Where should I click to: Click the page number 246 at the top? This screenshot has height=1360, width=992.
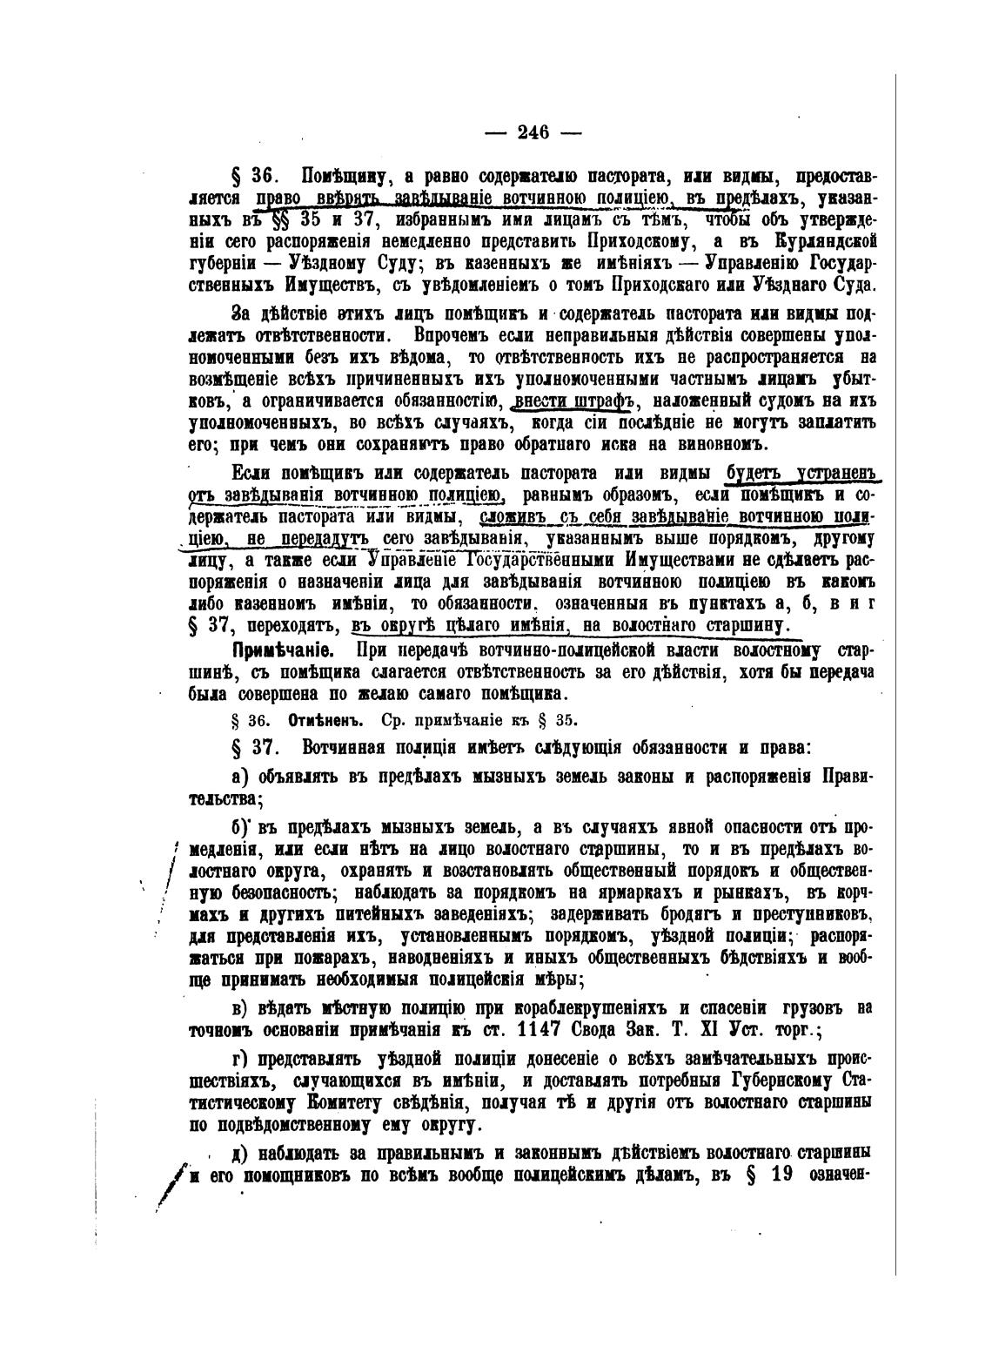point(533,132)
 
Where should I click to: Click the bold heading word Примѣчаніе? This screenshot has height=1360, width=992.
point(276,651)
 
